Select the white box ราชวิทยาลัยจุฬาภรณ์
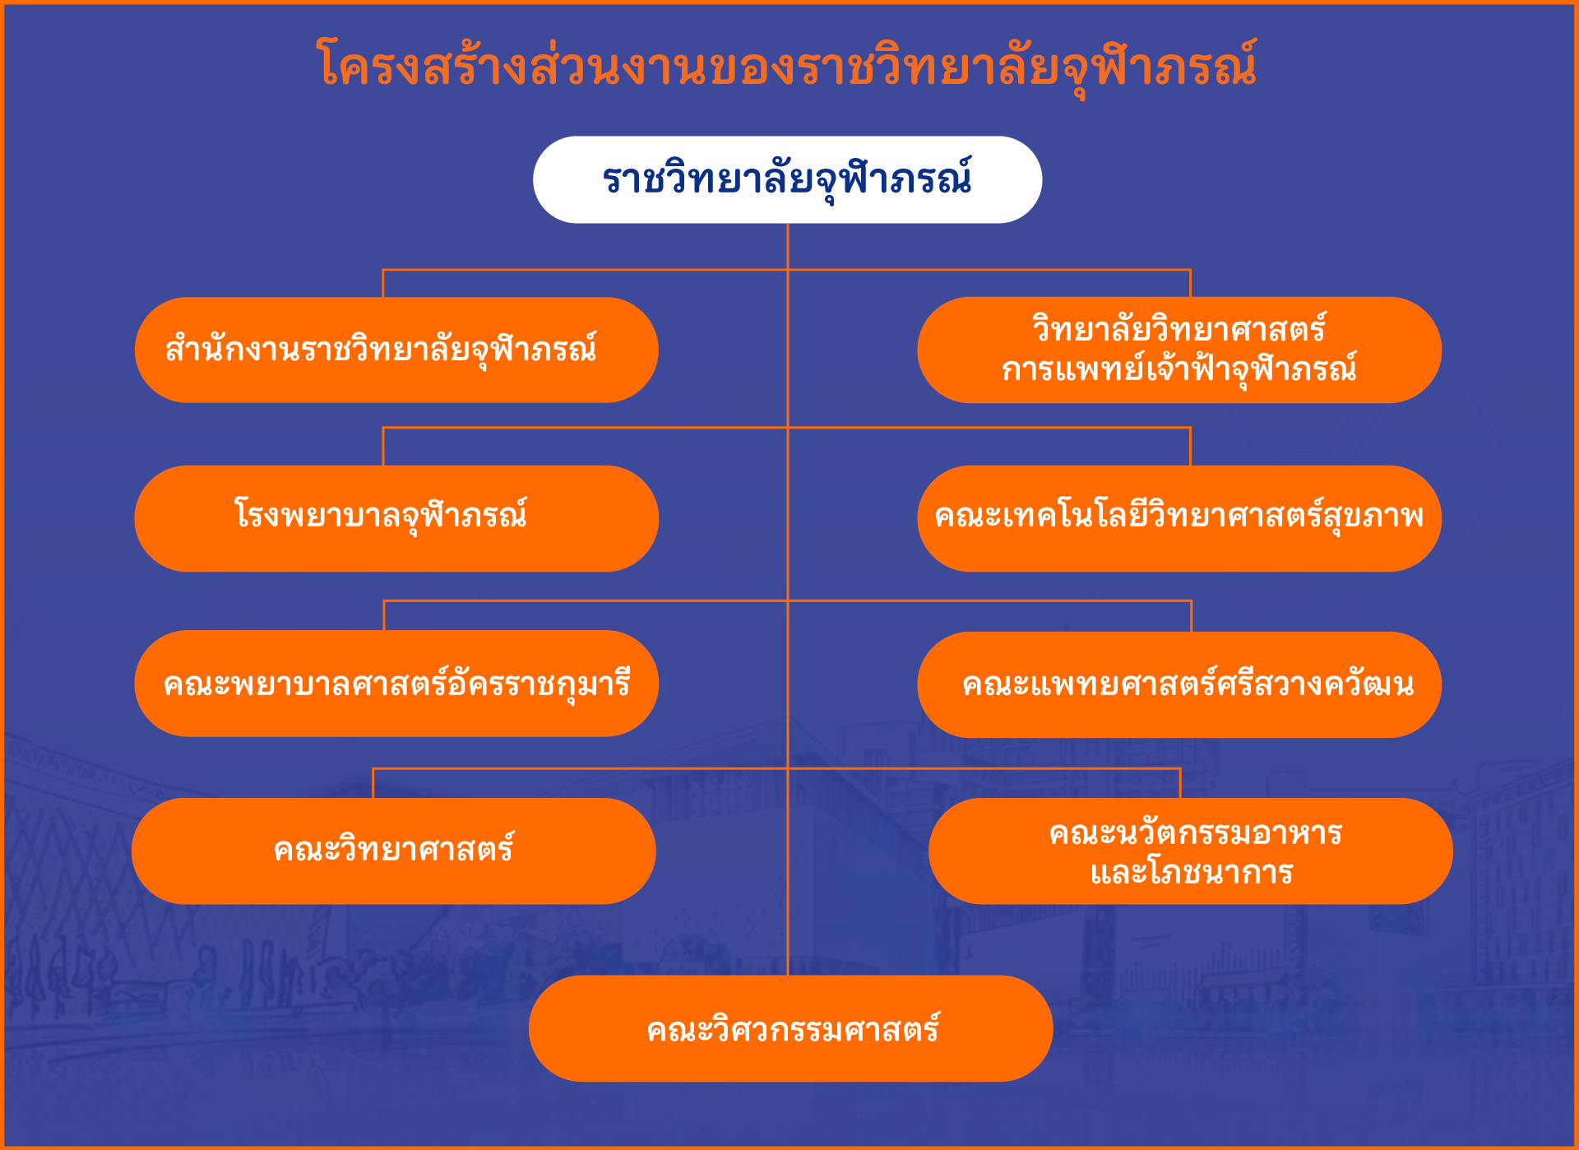(x=787, y=179)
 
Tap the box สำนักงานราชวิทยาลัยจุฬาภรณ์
(x=396, y=350)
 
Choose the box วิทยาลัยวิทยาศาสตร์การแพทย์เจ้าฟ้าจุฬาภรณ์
(x=1179, y=350)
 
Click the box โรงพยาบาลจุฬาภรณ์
(x=396, y=518)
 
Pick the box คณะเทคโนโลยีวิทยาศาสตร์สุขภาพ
(x=1179, y=518)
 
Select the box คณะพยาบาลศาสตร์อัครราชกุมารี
(x=396, y=684)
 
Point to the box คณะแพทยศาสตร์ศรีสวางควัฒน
(x=1179, y=684)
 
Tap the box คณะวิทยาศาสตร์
(x=394, y=851)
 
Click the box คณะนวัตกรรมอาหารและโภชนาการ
(x=1191, y=851)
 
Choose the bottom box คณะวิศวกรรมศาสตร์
(x=791, y=1028)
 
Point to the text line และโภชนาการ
(x=1192, y=872)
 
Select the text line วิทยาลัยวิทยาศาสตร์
(x=1179, y=329)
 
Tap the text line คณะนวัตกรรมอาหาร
(x=1196, y=833)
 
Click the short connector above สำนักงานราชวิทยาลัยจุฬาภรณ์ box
(x=383, y=283)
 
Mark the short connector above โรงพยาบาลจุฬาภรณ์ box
(x=383, y=447)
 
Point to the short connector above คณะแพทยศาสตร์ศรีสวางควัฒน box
(x=1191, y=616)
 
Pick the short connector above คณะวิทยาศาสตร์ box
(x=373, y=783)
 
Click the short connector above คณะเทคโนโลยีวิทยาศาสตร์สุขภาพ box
(x=1190, y=447)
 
